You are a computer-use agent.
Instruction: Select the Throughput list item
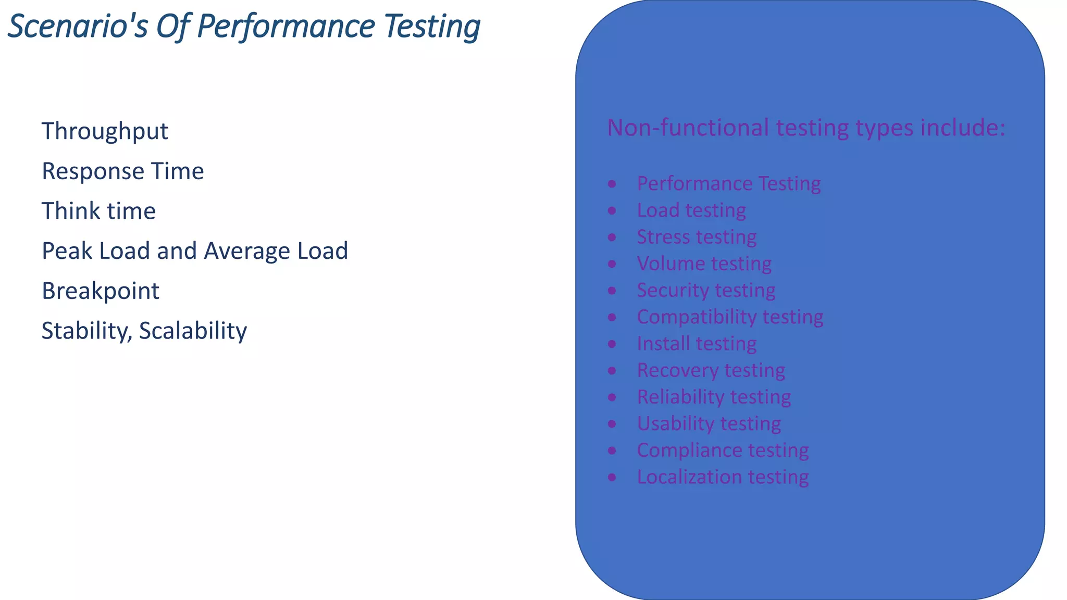105,131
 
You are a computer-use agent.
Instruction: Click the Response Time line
122,171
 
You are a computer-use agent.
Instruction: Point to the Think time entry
98,211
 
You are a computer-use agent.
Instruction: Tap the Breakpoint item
101,291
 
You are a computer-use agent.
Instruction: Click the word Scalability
193,331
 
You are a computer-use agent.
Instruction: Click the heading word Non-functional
688,128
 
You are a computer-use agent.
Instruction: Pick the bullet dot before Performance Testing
612,184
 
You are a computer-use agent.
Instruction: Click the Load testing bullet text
691,210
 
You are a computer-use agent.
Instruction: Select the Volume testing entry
704,264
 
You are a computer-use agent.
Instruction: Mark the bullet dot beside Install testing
612,344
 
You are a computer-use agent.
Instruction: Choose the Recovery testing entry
711,370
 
